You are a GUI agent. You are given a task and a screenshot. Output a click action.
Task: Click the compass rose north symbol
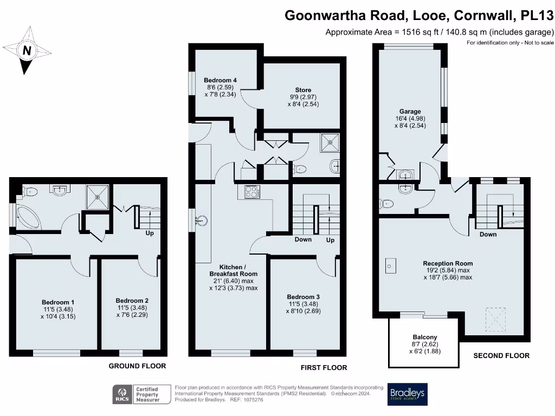[26, 51]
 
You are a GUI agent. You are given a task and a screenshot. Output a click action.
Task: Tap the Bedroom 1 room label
[58, 302]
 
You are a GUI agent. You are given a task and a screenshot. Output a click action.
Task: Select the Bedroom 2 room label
[132, 301]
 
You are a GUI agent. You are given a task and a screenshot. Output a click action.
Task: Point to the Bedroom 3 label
[303, 297]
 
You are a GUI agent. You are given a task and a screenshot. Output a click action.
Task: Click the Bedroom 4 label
[220, 80]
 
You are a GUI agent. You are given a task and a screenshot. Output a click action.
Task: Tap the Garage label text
[410, 112]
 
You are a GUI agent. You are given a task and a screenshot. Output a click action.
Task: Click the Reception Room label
[448, 264]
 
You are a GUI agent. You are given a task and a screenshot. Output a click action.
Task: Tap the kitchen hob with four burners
[253, 192]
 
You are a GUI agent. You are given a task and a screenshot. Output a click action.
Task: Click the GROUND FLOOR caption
[137, 366]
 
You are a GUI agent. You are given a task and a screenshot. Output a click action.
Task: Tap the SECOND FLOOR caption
[501, 356]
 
